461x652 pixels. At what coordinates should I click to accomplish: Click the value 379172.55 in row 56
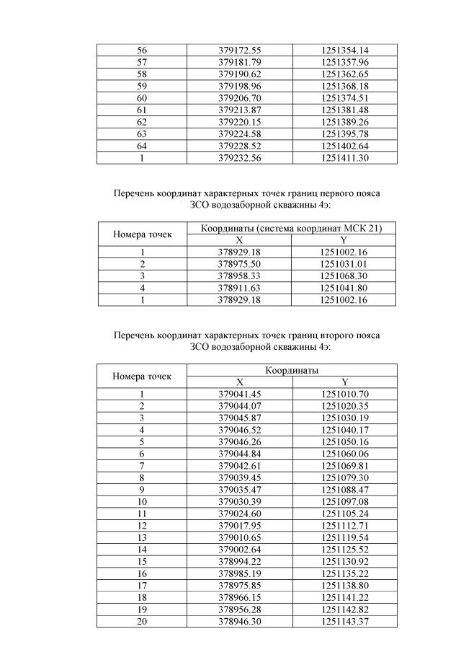tap(239, 50)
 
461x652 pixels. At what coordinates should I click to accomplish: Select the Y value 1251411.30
tap(344, 158)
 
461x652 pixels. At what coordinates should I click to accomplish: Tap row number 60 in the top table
tap(142, 97)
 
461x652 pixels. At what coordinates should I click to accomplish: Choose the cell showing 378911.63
tap(239, 288)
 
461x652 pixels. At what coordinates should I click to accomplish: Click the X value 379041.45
tap(239, 394)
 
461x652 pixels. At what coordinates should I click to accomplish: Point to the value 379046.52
tap(239, 429)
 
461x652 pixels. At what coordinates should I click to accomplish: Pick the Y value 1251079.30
tap(344, 477)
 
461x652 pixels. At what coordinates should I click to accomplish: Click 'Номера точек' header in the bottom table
tap(143, 376)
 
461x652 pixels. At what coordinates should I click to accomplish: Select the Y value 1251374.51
tap(344, 97)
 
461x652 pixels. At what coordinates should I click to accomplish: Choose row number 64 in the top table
tap(142, 146)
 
